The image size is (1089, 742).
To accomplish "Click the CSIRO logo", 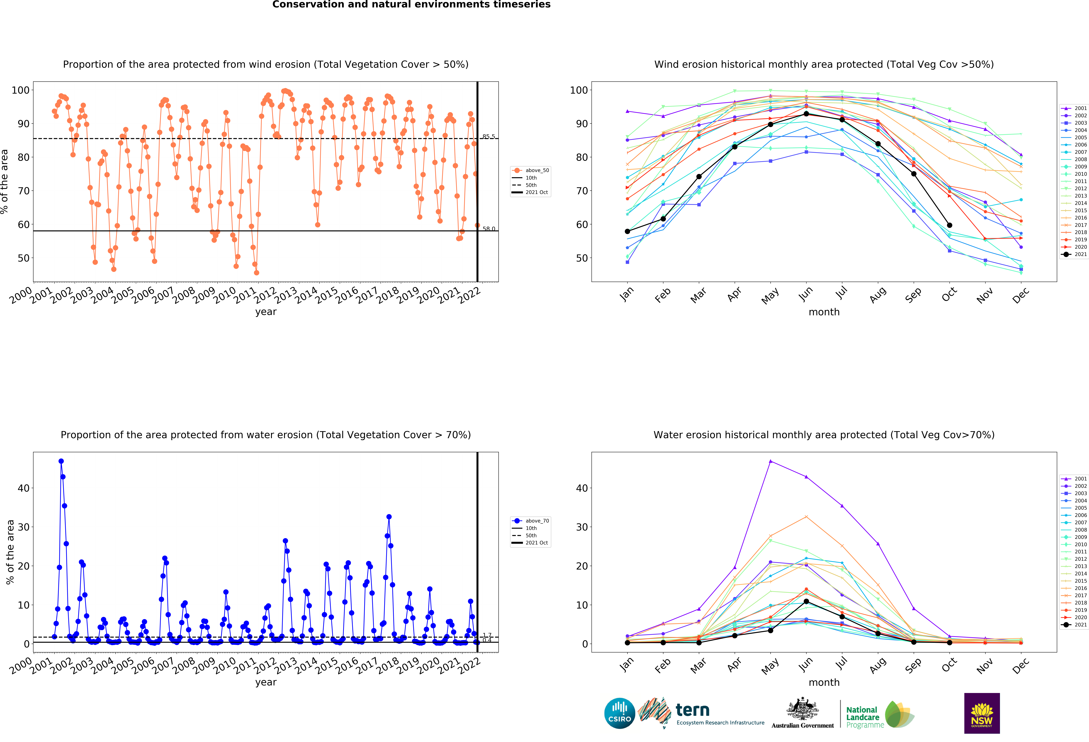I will pyautogui.click(x=619, y=713).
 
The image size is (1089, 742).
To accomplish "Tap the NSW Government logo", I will pyautogui.click(x=982, y=713).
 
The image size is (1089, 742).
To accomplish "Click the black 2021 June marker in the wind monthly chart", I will pyautogui.click(x=806, y=114).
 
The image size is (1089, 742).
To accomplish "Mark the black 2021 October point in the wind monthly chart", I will pyautogui.click(x=949, y=225).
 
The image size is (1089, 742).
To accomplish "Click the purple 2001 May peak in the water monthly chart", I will pyautogui.click(x=770, y=461).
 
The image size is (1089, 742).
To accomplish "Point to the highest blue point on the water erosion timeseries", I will pyautogui.click(x=61, y=461).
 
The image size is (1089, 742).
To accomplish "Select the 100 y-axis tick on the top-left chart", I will pyautogui.click(x=21, y=90).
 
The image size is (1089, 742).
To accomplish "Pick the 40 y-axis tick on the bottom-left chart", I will pyautogui.click(x=23, y=488).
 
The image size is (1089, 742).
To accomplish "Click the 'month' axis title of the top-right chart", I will pyautogui.click(x=824, y=312).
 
